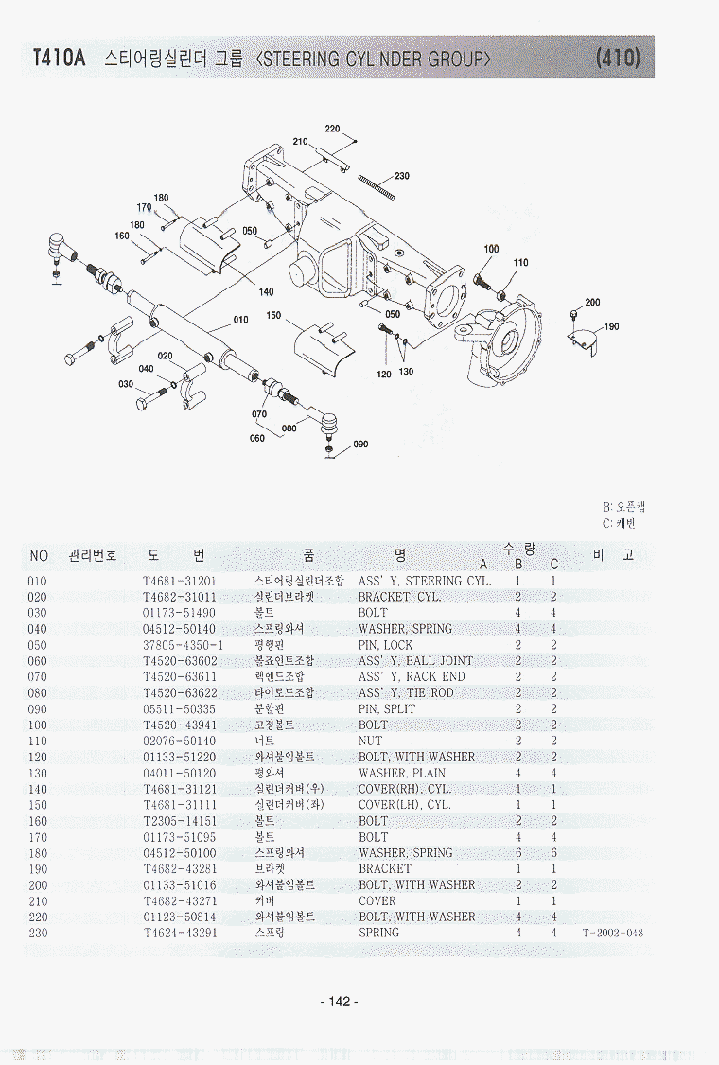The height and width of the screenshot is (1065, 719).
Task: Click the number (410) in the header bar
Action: [619, 59]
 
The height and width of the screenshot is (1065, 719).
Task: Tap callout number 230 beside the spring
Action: [402, 177]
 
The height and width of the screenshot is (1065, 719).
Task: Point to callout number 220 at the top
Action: [332, 129]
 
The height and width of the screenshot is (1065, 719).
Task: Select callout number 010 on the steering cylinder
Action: [240, 320]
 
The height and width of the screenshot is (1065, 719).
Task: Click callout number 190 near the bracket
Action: [611, 327]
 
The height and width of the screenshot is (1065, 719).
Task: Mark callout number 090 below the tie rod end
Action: [360, 445]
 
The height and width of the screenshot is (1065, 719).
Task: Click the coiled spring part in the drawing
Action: [375, 186]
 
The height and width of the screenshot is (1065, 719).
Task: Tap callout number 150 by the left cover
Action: [273, 316]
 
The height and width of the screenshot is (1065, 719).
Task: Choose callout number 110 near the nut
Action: [520, 263]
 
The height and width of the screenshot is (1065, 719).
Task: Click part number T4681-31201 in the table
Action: [180, 581]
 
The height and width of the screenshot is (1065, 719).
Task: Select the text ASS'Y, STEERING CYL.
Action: [425, 581]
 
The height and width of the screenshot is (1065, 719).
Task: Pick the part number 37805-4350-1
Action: [184, 645]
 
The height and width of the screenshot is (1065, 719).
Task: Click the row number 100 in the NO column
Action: [38, 725]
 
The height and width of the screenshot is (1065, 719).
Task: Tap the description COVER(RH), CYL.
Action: [405, 789]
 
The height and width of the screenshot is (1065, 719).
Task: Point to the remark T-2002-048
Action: [613, 933]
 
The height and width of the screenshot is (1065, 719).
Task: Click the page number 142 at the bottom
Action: [340, 1002]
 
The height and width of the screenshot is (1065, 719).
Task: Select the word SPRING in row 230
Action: [378, 933]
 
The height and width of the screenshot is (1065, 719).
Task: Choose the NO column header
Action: [38, 556]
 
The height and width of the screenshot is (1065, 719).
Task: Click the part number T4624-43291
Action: [180, 933]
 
